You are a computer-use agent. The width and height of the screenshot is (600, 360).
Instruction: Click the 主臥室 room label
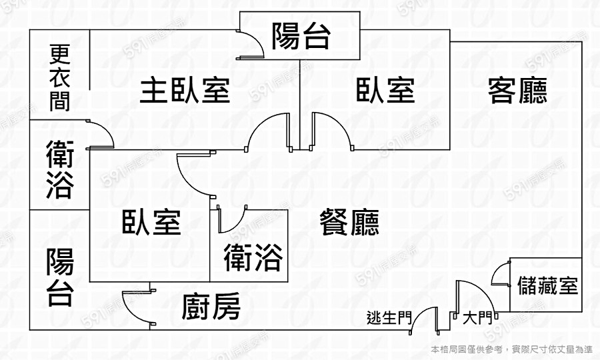185,90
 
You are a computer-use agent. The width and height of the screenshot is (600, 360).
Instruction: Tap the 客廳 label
517,90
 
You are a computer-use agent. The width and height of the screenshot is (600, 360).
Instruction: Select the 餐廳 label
349,222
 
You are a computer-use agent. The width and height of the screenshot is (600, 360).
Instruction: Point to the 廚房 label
211,307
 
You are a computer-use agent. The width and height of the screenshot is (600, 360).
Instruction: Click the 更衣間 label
60,77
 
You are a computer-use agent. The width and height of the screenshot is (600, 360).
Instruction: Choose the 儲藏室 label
547,286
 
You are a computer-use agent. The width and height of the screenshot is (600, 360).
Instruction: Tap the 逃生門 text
389,318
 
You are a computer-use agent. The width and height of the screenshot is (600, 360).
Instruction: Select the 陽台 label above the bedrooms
301,37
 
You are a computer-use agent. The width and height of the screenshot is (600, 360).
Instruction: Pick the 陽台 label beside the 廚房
60,277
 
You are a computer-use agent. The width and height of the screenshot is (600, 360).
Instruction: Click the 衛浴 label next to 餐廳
253,257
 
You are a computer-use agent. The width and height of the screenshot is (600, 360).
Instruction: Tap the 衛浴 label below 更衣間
59,169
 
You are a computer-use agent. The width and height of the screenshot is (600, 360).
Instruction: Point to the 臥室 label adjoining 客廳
385,90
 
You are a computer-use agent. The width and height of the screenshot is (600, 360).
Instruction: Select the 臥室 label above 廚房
151,222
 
